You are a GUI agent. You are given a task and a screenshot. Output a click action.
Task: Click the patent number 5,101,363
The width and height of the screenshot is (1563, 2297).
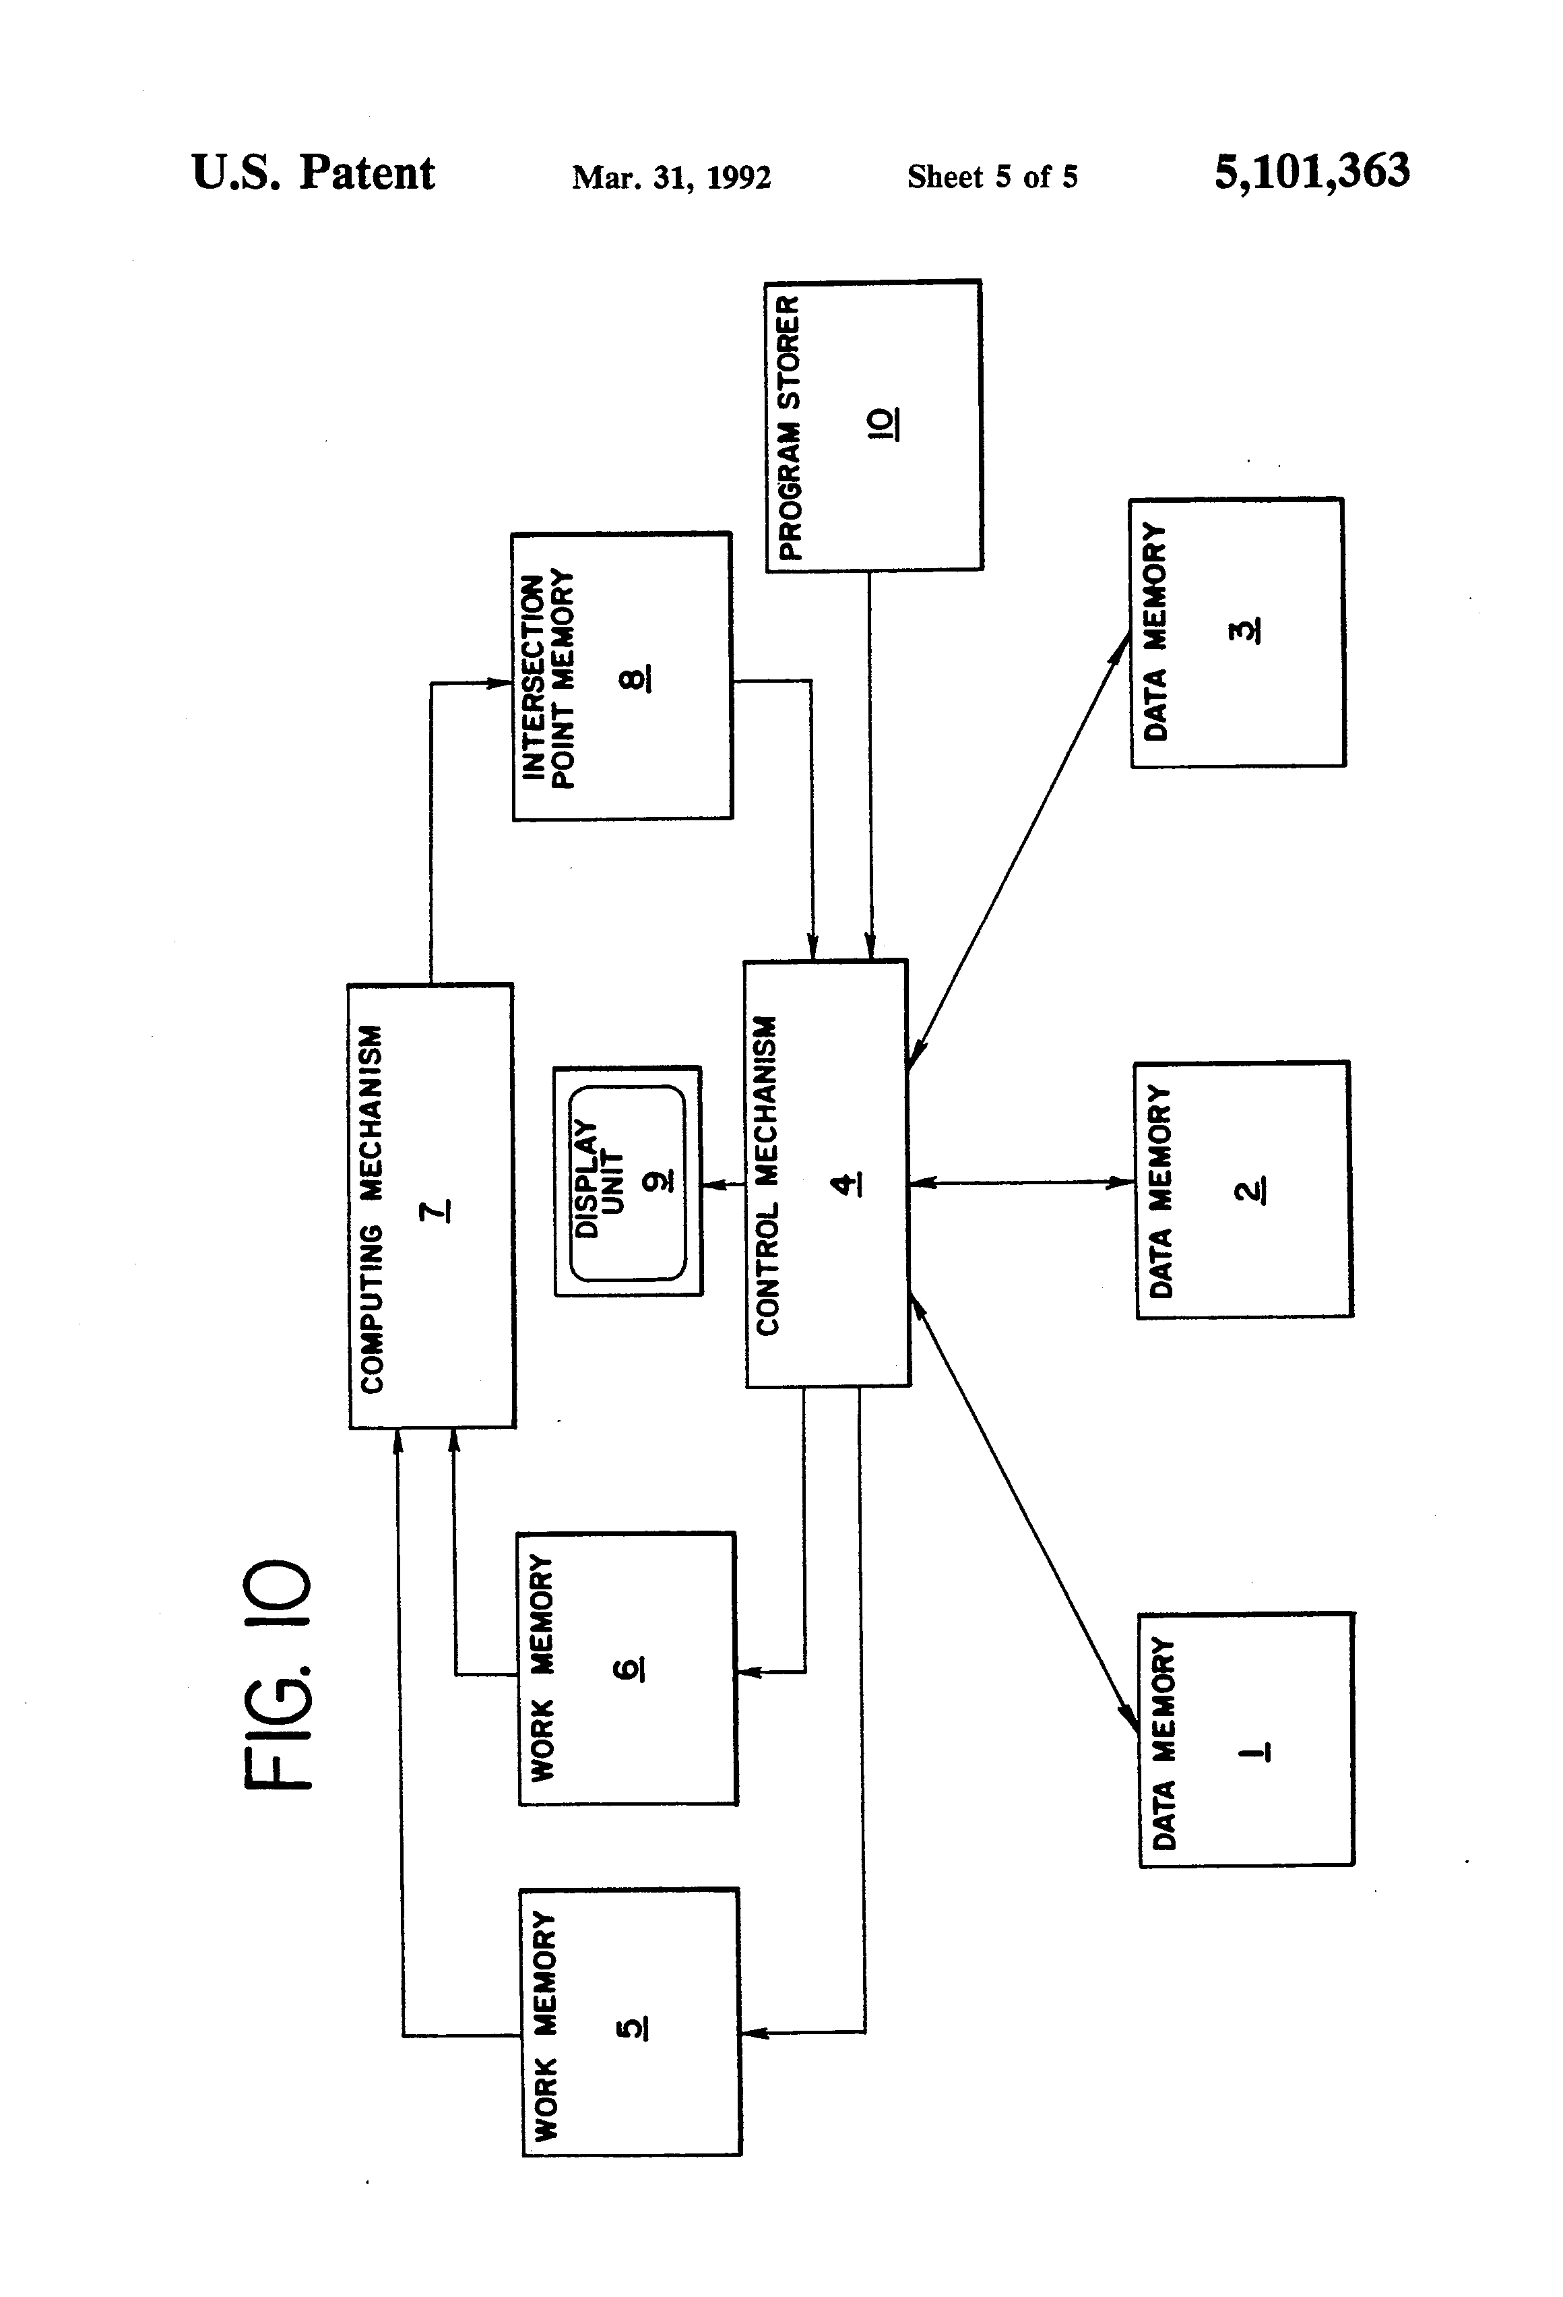click(1311, 171)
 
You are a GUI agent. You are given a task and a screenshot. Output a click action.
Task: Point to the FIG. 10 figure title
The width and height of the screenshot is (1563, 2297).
click(279, 1674)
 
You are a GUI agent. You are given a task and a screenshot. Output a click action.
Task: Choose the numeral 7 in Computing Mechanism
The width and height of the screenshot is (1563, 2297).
click(436, 1210)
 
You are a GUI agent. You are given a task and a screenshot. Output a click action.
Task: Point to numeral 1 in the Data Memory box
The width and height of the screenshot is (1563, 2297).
click(1253, 1752)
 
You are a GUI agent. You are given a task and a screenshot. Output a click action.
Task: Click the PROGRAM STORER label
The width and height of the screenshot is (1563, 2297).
click(788, 427)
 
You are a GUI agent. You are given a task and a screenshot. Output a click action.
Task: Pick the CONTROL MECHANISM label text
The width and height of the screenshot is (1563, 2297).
click(767, 1175)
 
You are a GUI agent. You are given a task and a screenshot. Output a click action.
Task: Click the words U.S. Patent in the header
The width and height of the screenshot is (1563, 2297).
click(313, 173)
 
